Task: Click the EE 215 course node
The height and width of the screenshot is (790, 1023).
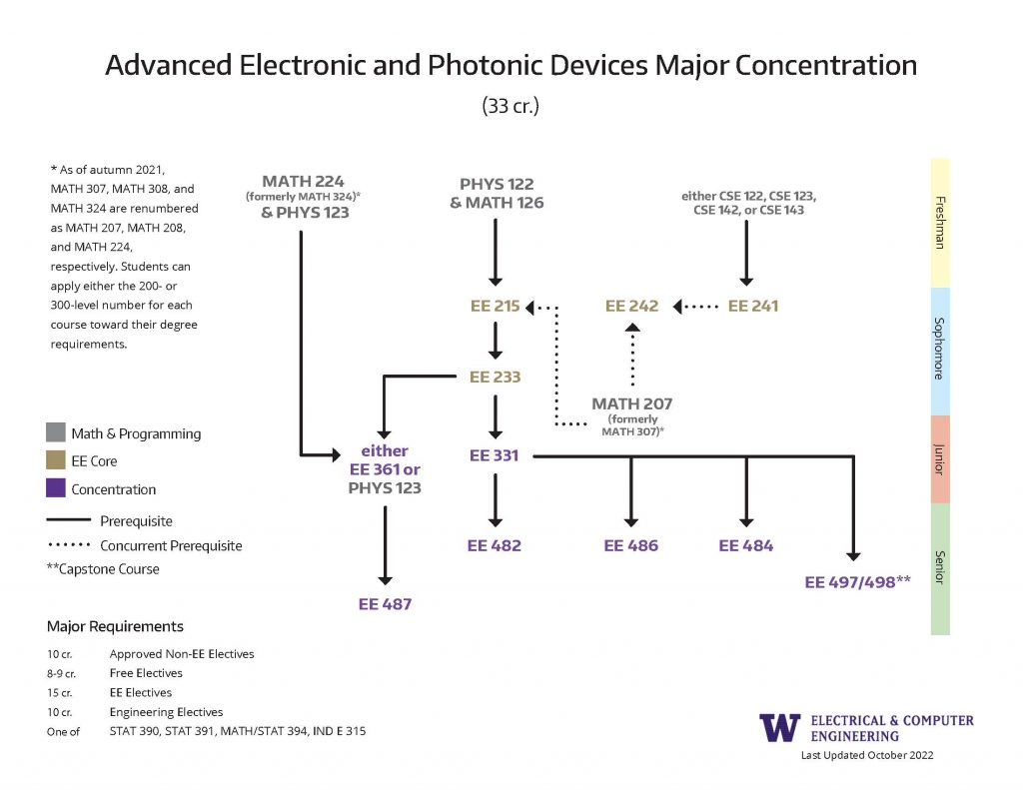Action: [495, 307]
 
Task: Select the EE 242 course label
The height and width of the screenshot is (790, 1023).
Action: [631, 307]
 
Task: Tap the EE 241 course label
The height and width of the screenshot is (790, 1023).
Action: [752, 307]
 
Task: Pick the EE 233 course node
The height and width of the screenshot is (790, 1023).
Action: [495, 378]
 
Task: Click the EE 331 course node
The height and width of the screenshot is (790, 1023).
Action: [495, 455]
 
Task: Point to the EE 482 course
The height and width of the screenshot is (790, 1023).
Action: [495, 546]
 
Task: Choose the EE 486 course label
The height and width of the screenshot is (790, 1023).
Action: [630, 546]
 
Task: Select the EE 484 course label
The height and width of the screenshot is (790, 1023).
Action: [745, 546]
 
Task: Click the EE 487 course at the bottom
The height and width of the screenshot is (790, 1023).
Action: [385, 604]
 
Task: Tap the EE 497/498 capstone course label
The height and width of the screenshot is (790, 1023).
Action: [857, 582]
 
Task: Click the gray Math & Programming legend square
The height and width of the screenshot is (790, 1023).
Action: [56, 433]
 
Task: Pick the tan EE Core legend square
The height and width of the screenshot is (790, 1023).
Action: [56, 461]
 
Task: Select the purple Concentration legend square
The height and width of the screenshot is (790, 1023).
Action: [56, 489]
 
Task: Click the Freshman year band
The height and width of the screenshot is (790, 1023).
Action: [939, 223]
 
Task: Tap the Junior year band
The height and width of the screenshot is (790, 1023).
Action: [939, 459]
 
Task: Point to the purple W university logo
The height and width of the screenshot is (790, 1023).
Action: [779, 727]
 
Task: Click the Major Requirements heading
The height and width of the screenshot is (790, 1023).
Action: [115, 627]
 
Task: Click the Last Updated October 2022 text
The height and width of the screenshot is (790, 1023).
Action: [867, 756]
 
